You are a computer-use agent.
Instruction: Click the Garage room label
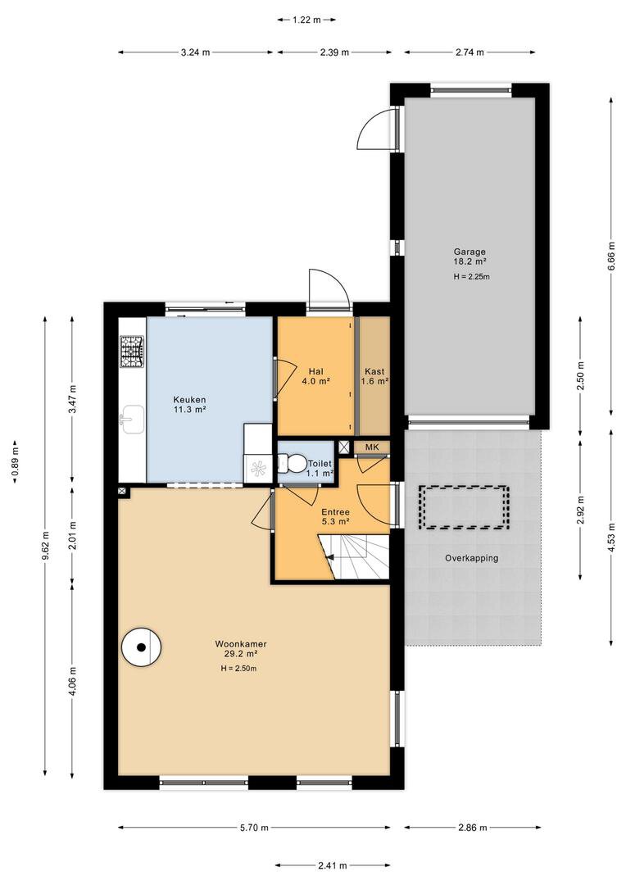click(x=469, y=252)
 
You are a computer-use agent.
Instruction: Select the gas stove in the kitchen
click(x=132, y=352)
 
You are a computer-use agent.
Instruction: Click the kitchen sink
click(x=132, y=420)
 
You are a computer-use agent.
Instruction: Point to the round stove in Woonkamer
click(x=142, y=647)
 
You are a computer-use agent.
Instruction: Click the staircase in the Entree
click(x=354, y=557)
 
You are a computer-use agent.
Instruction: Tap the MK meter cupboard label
click(x=371, y=447)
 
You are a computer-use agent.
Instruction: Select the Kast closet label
click(x=374, y=371)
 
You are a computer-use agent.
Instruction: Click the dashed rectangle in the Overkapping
click(x=464, y=508)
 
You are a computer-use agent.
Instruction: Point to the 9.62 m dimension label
click(x=45, y=547)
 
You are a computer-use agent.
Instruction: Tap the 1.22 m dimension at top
click(x=306, y=20)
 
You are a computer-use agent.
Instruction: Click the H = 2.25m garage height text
click(x=471, y=277)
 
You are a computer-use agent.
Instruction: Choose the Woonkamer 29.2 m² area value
click(x=240, y=654)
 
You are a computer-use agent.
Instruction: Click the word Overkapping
click(x=471, y=558)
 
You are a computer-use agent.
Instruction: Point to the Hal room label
click(x=316, y=371)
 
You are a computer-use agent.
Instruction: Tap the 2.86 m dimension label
click(x=472, y=828)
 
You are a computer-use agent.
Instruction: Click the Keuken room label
click(x=189, y=400)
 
